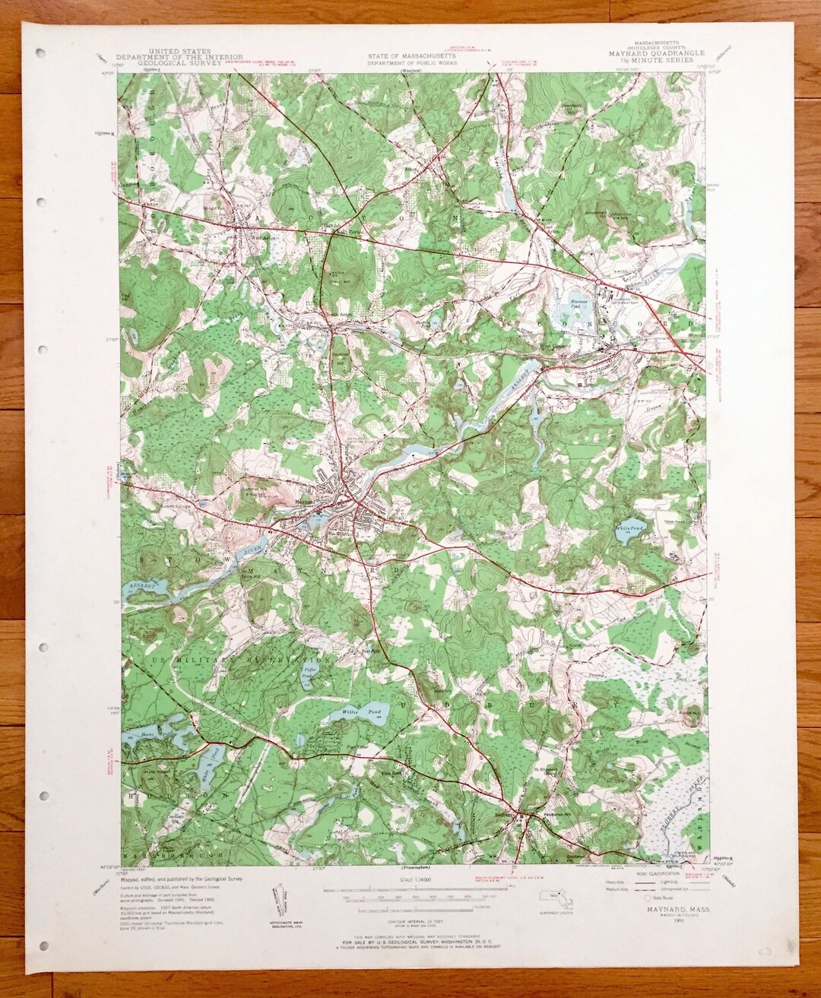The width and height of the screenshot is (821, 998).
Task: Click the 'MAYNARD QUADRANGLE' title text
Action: (x=657, y=53)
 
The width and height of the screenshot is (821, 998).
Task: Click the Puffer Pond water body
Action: (x=307, y=672)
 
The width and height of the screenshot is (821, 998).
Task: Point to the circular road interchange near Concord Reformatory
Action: (x=600, y=282)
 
